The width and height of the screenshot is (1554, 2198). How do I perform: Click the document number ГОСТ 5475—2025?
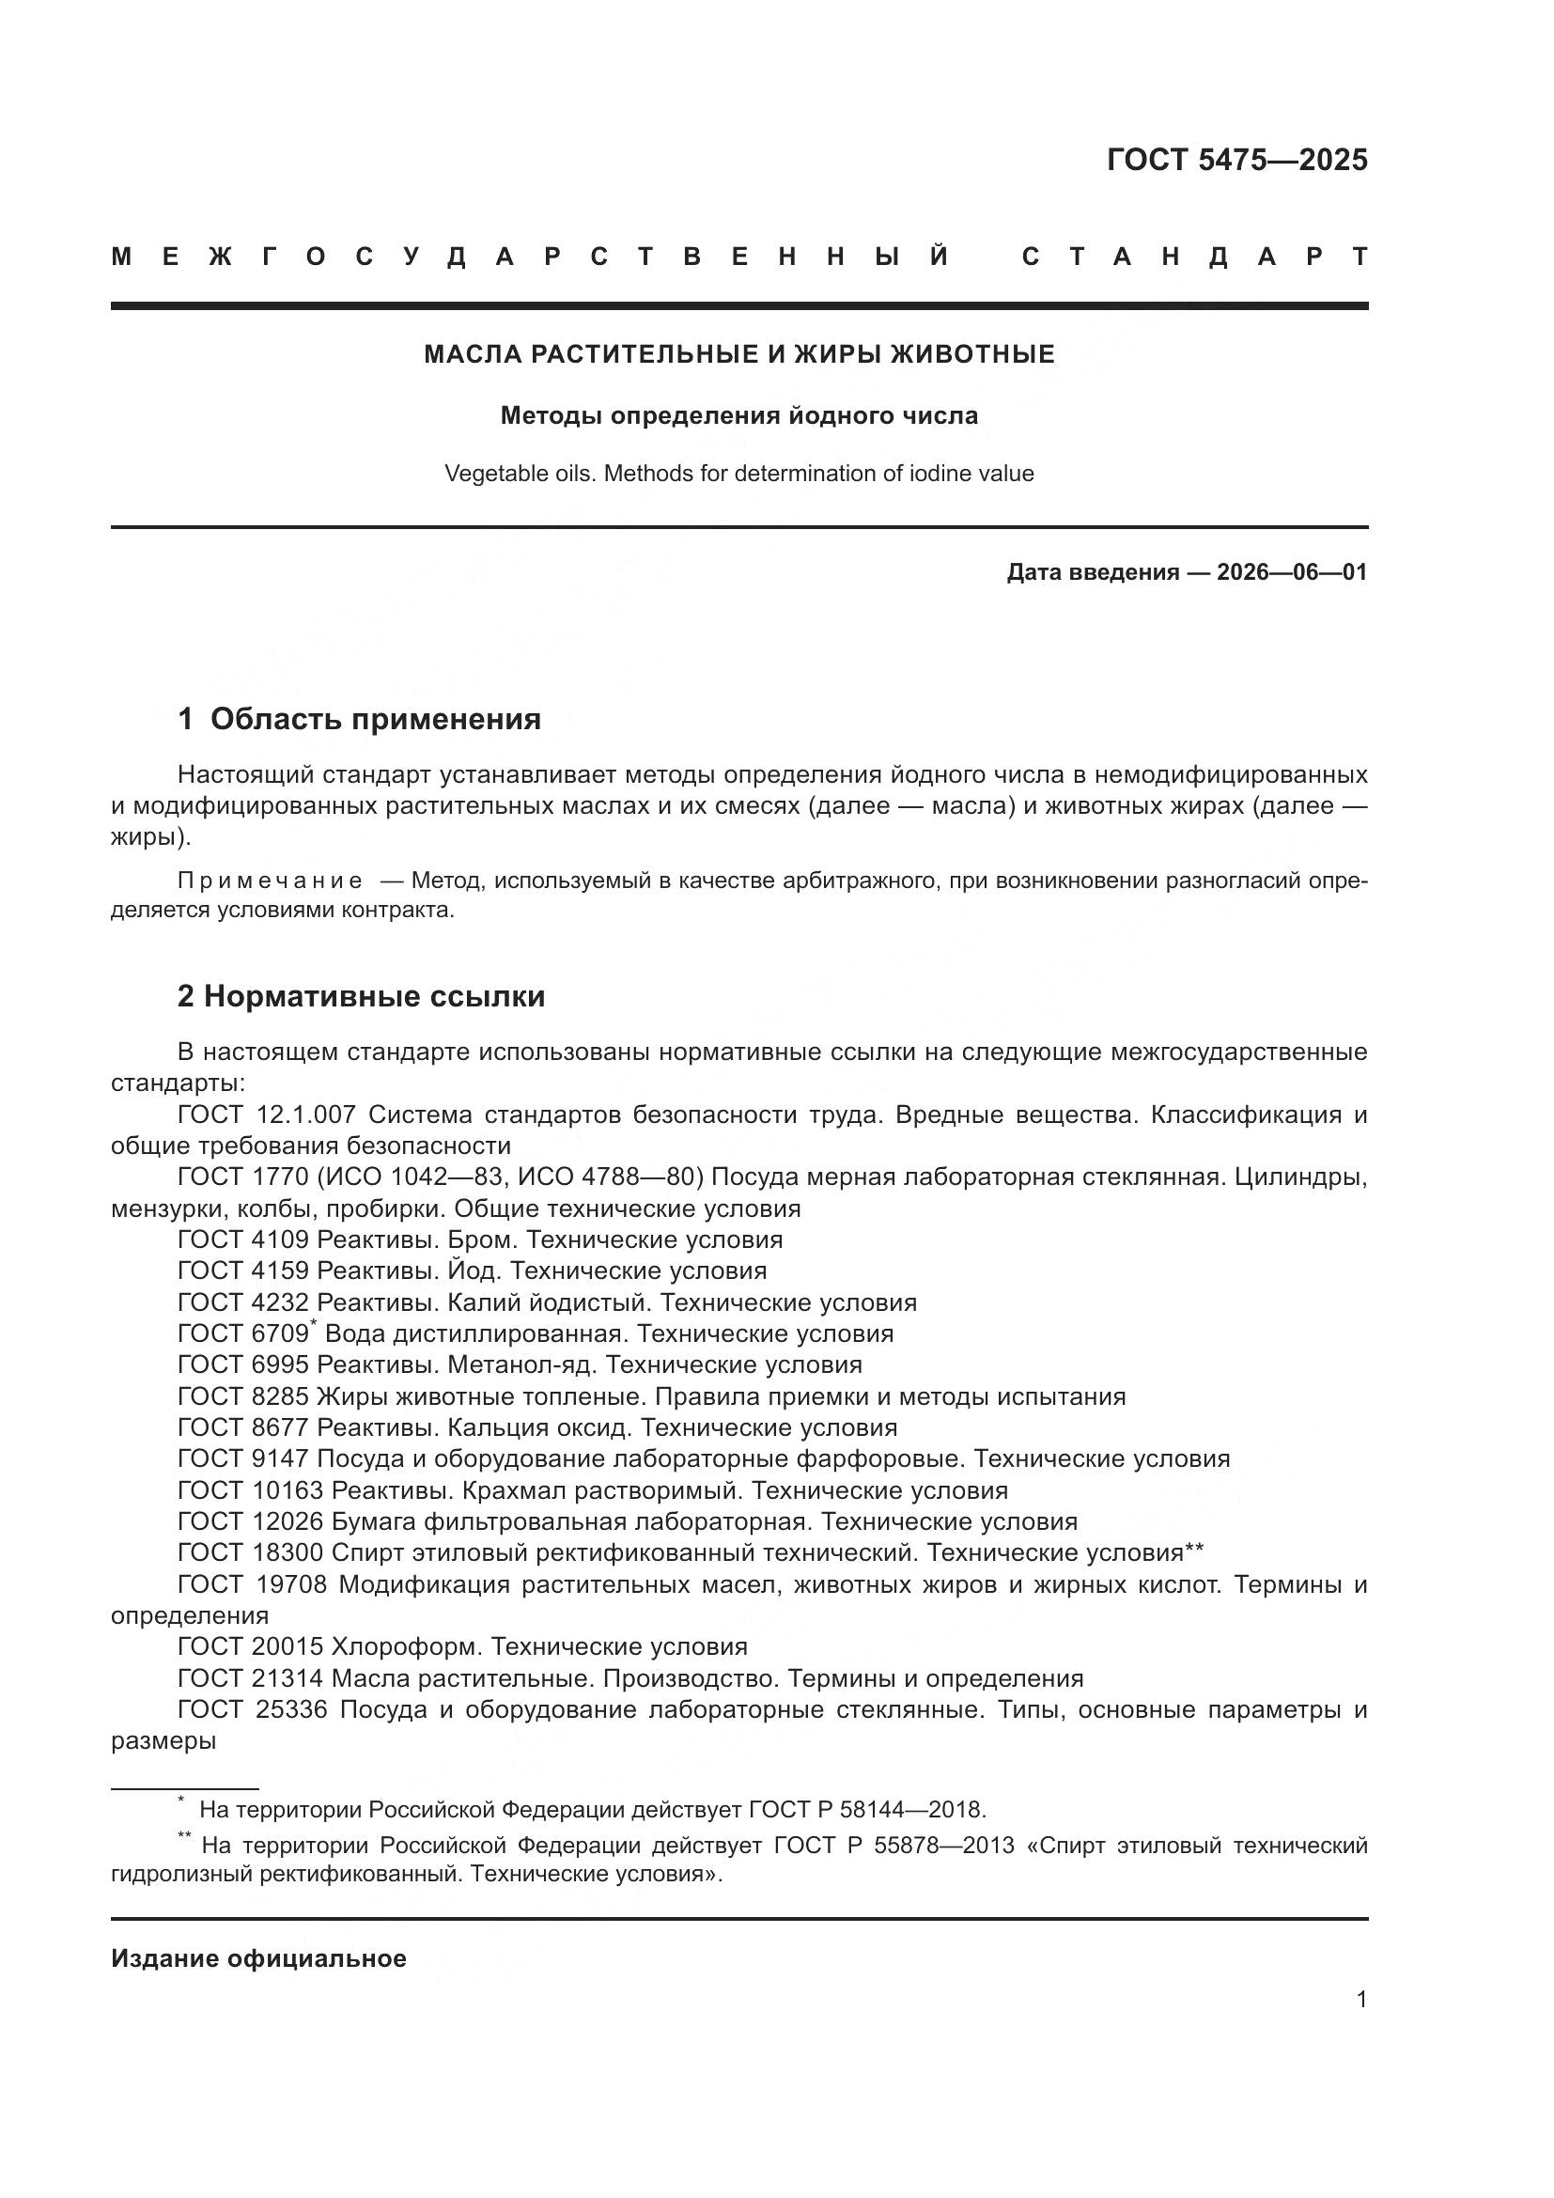point(1236,160)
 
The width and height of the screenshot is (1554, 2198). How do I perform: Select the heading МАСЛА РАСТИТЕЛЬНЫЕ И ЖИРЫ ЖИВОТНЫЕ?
point(738,354)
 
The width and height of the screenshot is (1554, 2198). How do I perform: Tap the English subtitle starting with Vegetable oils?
point(738,473)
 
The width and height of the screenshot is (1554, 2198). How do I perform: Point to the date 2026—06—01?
point(1291,572)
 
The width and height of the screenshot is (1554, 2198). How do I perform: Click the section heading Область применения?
point(375,719)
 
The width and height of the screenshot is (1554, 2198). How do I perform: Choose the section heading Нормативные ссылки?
point(374,996)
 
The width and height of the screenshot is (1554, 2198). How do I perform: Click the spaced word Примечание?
point(270,881)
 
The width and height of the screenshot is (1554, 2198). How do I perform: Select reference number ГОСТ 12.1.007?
point(267,1115)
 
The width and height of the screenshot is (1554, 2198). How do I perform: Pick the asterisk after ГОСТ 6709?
point(314,1324)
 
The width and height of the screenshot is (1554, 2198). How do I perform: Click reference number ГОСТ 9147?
point(243,1459)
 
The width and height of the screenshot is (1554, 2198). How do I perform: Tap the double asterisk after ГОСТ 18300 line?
point(1194,1551)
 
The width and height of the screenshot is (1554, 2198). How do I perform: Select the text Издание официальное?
point(258,1958)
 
